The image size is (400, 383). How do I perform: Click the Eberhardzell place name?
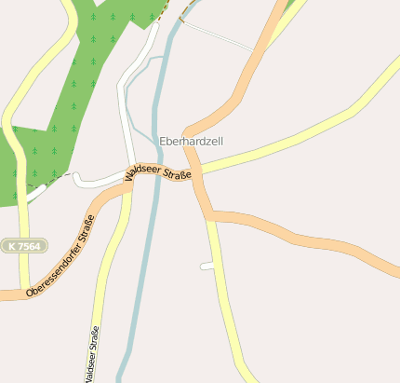(192, 142)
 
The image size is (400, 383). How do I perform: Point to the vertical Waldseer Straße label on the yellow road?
(92, 355)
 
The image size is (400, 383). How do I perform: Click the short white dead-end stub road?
(207, 267)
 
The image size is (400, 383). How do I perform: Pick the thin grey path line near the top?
(219, 36)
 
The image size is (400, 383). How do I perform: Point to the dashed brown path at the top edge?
(165, 10)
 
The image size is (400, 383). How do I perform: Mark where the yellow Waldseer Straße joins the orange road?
(128, 187)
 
